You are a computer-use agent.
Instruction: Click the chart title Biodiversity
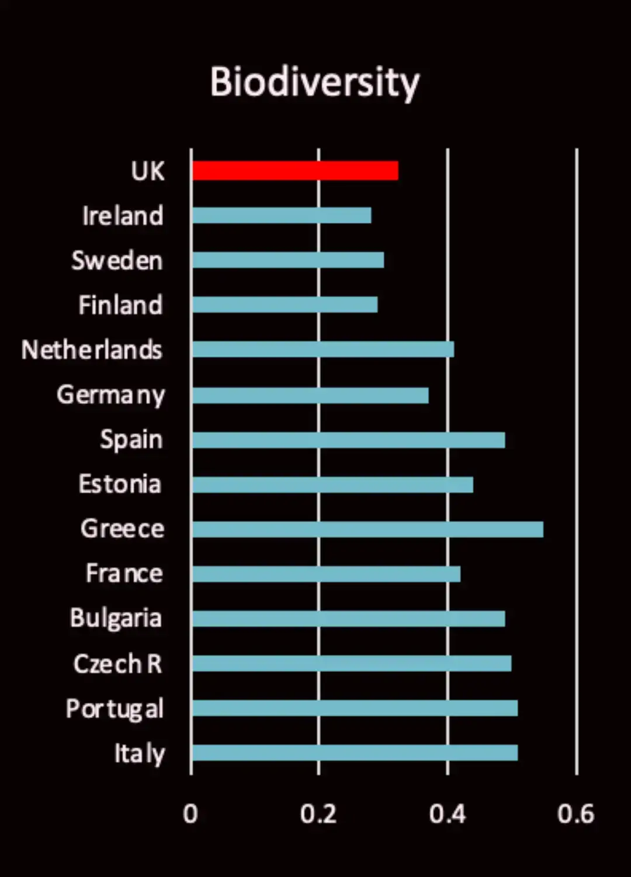(315, 82)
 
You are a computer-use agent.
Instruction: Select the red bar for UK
(295, 171)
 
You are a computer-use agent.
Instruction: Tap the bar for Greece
(367, 529)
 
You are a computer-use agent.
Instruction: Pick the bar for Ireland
(282, 215)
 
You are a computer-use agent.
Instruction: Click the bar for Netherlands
(323, 350)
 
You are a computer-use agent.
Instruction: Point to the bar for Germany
(310, 396)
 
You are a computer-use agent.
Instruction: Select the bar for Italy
(355, 752)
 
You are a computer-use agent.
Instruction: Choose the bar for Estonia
(332, 485)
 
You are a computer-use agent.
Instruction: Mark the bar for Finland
(285, 305)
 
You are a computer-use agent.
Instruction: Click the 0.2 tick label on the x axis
(318, 814)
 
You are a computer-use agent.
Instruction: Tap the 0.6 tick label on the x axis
(575, 814)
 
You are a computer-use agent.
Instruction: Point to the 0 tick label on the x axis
(190, 814)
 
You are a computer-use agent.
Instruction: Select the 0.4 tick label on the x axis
(447, 814)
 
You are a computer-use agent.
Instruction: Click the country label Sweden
(117, 261)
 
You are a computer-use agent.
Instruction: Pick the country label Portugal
(115, 709)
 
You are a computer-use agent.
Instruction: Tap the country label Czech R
(117, 664)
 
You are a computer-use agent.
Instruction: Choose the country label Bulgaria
(116, 619)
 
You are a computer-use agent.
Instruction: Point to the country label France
(124, 574)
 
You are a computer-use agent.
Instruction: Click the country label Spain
(131, 440)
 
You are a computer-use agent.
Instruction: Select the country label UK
(148, 171)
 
